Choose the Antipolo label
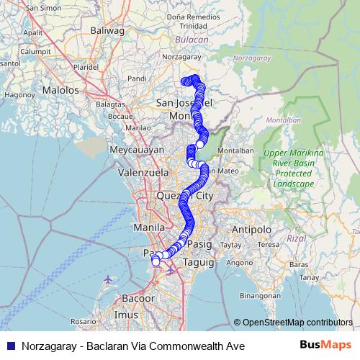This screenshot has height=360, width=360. (251, 230)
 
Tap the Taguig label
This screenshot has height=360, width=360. (199, 263)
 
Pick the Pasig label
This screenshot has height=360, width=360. (199, 245)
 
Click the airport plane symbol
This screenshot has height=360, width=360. (107, 279)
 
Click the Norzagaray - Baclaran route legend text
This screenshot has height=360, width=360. (133, 346)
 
